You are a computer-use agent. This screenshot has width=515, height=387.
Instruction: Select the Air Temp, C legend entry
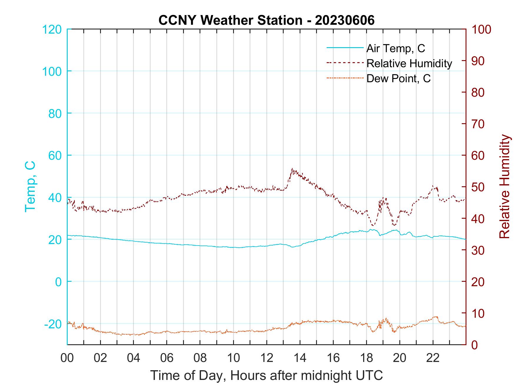tap(396, 48)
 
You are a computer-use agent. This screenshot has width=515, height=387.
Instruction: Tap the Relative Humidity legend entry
tap(409, 63)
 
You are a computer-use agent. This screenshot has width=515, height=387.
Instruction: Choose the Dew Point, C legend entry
tap(398, 78)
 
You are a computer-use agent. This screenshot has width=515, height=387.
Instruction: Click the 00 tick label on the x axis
tap(67, 358)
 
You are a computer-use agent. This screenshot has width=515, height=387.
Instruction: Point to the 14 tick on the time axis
tap(300, 358)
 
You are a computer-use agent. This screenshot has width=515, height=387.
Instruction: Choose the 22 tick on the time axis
tap(433, 358)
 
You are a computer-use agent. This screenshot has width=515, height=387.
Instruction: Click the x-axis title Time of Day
tap(266, 376)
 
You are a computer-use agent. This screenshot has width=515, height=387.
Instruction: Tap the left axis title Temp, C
tap(30, 186)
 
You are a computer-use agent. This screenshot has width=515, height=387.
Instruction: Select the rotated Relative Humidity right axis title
tap(504, 186)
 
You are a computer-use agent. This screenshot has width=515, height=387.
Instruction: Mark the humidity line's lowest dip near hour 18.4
tap(373, 225)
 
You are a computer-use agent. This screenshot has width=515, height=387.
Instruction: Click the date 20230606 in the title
tap(345, 20)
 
